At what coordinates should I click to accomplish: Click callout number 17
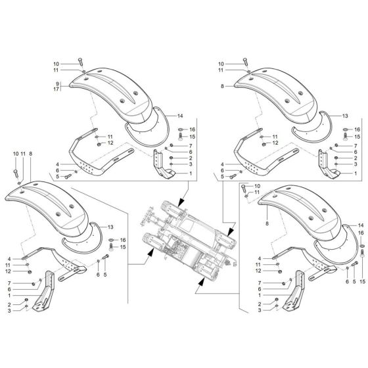(x=57, y=89)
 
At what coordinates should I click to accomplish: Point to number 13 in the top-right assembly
(x=344, y=116)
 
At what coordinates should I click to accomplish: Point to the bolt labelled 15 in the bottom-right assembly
(x=355, y=266)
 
